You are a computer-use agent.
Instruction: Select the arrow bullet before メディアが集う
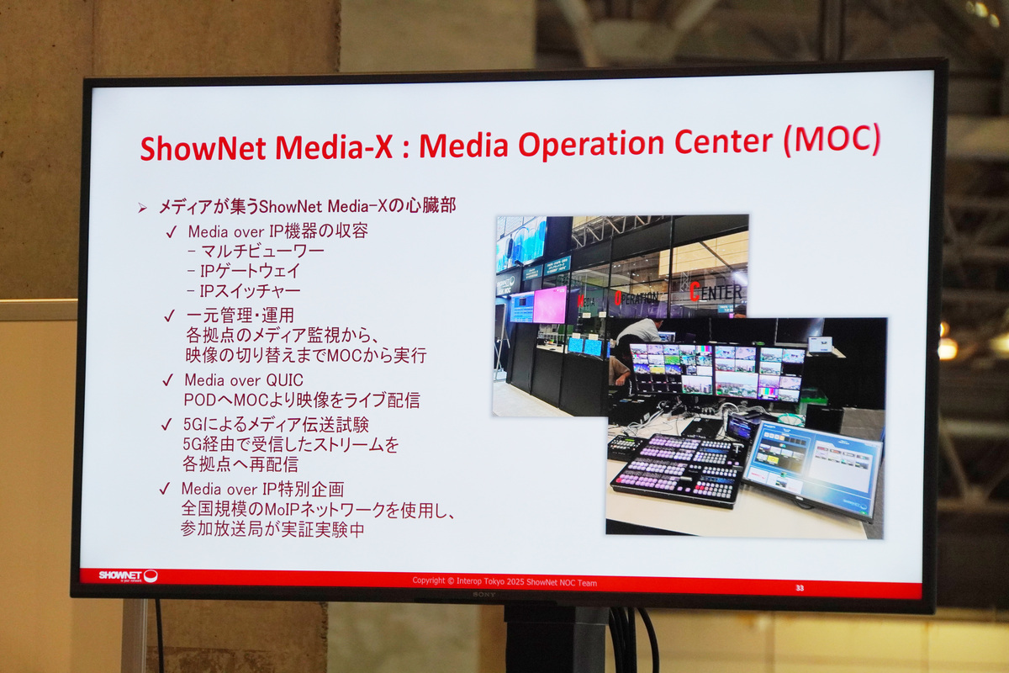[x=142, y=207]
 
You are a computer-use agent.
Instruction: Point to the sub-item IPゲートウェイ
[x=250, y=271]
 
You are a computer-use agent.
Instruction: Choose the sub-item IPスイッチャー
[x=250, y=291]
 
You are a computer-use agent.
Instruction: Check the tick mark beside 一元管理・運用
[x=170, y=316]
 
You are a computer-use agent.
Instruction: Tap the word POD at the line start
[x=199, y=400]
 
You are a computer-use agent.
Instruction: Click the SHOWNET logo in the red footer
[x=126, y=576]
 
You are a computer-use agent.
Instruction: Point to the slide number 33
[x=799, y=587]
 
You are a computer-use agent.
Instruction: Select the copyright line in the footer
[x=504, y=581]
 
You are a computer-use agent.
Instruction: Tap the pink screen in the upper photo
[x=550, y=305]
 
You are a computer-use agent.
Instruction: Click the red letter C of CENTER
[x=695, y=292]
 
